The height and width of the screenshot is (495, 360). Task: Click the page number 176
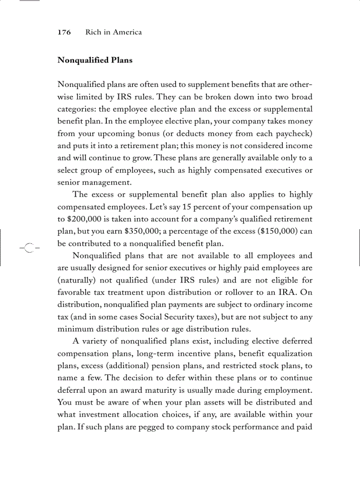pos(64,32)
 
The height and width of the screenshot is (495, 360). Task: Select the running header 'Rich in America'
pos(113,32)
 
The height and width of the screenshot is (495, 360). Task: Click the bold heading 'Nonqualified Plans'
pos(95,60)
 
